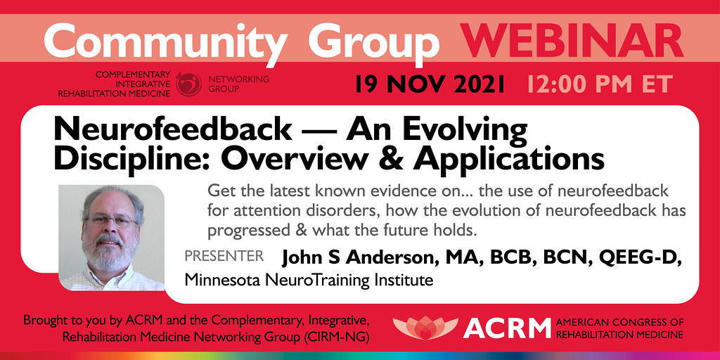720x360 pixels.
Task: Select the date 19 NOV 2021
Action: [430, 84]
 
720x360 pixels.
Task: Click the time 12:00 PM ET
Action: [599, 84]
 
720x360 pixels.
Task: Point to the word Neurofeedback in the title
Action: [172, 130]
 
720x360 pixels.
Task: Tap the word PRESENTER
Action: [224, 256]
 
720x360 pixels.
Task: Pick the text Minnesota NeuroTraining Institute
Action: [308, 281]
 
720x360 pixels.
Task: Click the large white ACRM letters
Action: [506, 328]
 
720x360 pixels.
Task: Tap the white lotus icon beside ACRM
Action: [425, 327]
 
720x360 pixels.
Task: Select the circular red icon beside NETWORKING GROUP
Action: [188, 84]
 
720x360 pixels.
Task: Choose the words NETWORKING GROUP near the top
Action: [238, 84]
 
